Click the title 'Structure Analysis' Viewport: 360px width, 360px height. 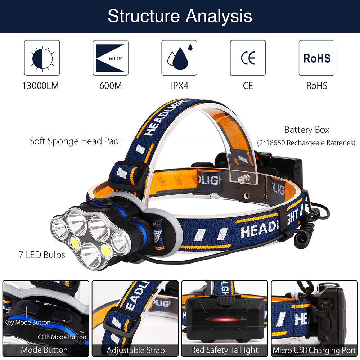[x=180, y=16]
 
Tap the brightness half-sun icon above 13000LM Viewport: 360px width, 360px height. [x=42, y=58]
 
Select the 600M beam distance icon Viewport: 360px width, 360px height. [x=111, y=58]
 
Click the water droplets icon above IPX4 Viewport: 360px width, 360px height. [x=179, y=58]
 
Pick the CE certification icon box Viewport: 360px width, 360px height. [x=248, y=58]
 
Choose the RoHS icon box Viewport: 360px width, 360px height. [x=316, y=58]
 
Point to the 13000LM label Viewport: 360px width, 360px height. [x=40, y=86]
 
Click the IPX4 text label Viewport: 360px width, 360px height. [x=180, y=86]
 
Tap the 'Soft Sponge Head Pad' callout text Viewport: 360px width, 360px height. [x=75, y=141]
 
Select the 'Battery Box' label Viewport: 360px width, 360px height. [x=307, y=130]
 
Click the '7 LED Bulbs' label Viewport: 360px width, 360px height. [x=42, y=255]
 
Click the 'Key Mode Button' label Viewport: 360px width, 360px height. [x=27, y=323]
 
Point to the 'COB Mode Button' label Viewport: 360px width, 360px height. [x=62, y=337]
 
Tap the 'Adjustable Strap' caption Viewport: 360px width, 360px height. [x=136, y=350]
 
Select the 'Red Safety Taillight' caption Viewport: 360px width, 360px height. [x=225, y=350]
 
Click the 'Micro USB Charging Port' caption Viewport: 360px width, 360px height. [x=314, y=350]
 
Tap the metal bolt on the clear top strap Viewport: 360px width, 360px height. [x=244, y=179]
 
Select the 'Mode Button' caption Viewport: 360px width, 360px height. [x=44, y=350]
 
